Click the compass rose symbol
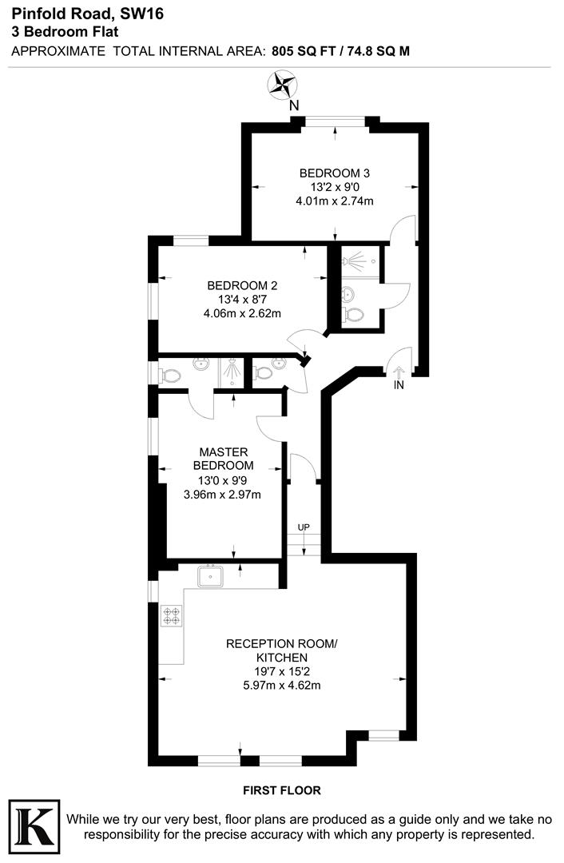click(282, 84)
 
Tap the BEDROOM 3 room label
click(334, 173)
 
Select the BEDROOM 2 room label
click(242, 285)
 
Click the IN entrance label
click(399, 385)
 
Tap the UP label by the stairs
click(304, 527)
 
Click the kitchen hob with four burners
click(172, 615)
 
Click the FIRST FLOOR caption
click(282, 790)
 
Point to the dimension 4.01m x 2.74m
click(334, 201)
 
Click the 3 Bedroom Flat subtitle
click(65, 32)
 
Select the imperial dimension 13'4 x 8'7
click(242, 300)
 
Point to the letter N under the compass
click(294, 105)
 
